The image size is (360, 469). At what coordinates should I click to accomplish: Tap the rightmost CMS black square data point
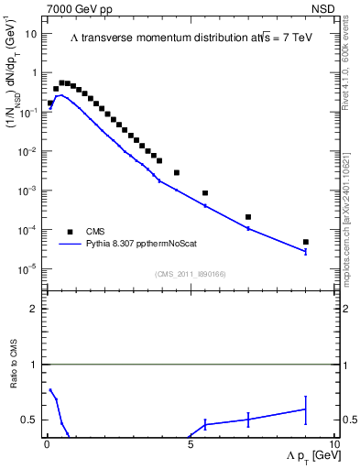(306, 242)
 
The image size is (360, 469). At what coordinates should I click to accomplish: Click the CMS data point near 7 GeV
(248, 217)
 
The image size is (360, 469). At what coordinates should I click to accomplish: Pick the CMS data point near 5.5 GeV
(205, 193)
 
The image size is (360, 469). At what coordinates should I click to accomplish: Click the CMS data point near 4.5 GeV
(177, 172)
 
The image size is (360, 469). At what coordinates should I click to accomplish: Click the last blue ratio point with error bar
(306, 409)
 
